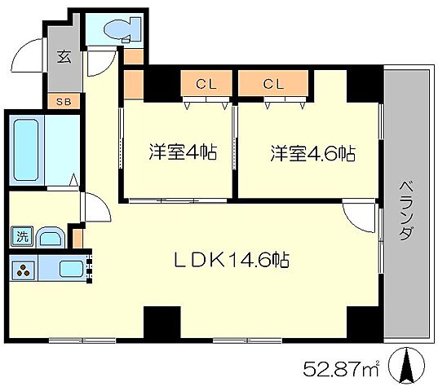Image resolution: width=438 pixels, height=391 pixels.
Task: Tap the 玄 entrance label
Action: click(62, 56)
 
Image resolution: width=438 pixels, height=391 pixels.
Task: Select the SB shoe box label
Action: click(63, 101)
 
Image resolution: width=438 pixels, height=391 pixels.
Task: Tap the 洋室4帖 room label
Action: click(183, 152)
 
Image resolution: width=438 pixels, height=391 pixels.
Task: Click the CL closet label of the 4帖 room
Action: click(206, 82)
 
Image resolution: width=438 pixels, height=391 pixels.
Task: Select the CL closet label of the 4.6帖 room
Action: click(273, 82)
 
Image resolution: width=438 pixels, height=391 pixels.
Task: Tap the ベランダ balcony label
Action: click(405, 209)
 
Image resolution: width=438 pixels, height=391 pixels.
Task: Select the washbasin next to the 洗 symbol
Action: click(51, 238)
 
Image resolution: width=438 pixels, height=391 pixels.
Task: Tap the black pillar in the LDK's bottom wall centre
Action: click(161, 323)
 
